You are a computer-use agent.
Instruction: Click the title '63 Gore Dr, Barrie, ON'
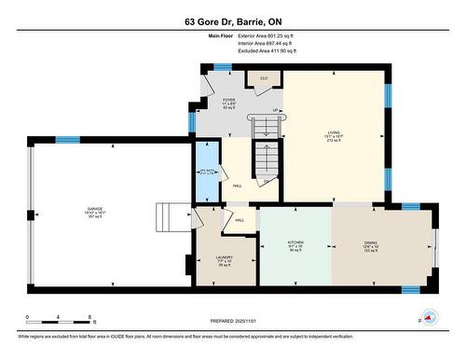tap(232, 21)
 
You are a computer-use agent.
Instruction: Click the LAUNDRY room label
tap(225, 259)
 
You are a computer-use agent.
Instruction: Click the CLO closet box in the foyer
tap(264, 78)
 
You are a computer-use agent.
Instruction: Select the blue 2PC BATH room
tap(207, 171)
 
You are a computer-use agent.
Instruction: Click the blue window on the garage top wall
tap(67, 140)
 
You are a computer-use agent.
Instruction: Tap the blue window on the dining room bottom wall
tap(410, 289)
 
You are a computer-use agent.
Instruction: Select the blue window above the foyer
tap(223, 66)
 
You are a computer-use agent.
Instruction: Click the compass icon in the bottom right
tap(428, 315)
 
